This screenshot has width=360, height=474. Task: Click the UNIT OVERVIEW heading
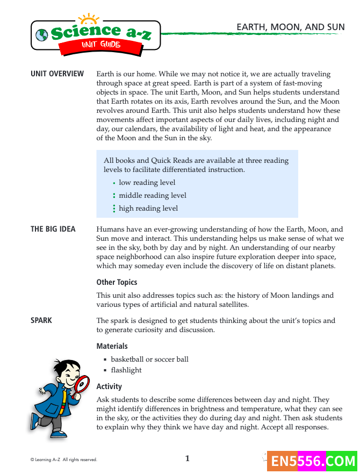click(57, 74)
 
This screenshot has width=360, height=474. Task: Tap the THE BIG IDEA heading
click(53, 229)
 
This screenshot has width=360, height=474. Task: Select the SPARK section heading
click(41, 320)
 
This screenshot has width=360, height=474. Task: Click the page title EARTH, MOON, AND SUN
click(290, 27)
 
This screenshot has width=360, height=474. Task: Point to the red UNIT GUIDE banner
click(100, 45)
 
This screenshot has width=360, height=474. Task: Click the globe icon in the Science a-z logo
click(41, 34)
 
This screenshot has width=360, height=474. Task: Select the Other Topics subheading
click(117, 282)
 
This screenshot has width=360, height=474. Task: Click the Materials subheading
click(112, 346)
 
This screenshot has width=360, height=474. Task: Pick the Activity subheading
click(109, 386)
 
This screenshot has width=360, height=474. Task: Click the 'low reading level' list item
click(147, 183)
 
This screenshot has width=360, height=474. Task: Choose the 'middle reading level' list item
click(153, 196)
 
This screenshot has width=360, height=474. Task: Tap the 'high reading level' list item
click(148, 209)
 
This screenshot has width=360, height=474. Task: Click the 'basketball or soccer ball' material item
click(149, 359)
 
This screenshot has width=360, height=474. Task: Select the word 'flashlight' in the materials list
click(126, 370)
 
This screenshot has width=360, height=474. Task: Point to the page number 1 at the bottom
click(188, 458)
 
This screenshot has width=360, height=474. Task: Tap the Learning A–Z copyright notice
click(63, 460)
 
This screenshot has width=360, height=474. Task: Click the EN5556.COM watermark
click(313, 461)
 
